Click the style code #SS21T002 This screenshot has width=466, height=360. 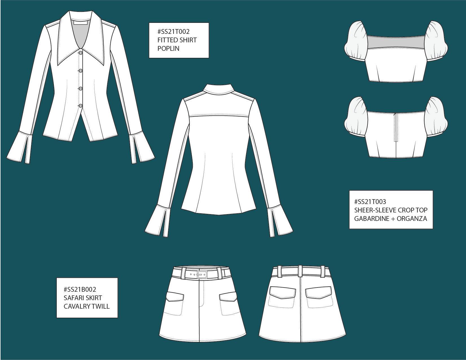tap(173, 32)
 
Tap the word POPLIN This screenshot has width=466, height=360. tap(168, 49)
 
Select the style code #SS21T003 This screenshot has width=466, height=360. tap(370, 202)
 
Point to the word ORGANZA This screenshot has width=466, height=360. tap(412, 219)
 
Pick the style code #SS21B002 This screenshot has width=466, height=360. tap(80, 289)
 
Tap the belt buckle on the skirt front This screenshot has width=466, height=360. tap(202, 275)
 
